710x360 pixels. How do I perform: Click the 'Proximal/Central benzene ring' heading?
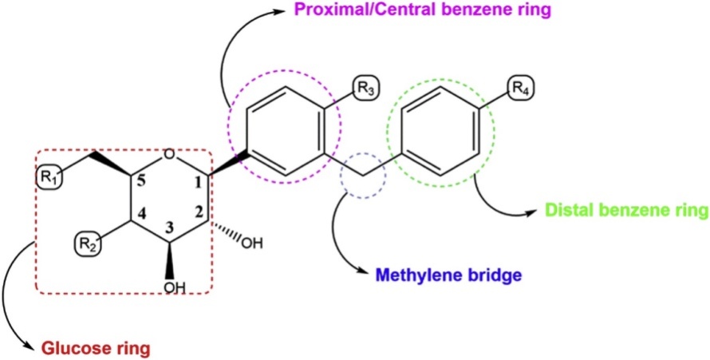coord(426,11)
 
